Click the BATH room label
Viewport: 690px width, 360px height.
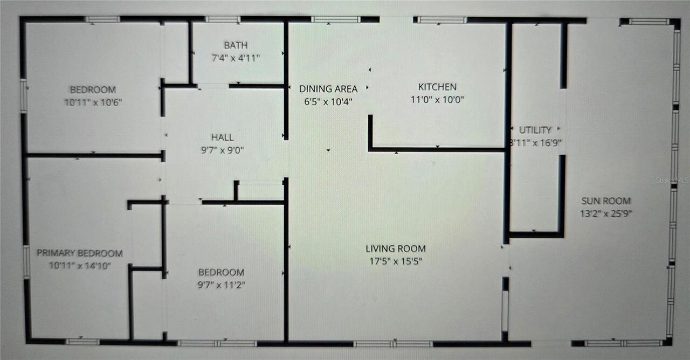tap(236, 45)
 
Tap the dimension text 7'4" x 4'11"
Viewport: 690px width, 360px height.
tap(236, 58)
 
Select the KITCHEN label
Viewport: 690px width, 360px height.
tap(437, 87)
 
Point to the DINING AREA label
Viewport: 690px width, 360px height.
tap(328, 89)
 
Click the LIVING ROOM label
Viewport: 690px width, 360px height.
tap(396, 249)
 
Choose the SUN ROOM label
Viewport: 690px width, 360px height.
tap(606, 201)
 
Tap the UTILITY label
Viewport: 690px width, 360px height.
tap(535, 130)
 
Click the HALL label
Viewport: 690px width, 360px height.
tap(223, 138)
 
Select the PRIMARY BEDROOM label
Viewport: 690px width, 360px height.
tap(80, 253)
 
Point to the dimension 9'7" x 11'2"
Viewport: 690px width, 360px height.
tap(221, 285)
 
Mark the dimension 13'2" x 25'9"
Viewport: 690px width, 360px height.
tap(606, 213)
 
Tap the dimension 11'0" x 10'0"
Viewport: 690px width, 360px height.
tap(437, 100)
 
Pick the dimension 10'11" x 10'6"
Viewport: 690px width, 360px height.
tap(92, 102)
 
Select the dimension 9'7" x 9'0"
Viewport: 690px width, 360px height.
tap(223, 151)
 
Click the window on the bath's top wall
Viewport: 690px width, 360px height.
tap(223, 19)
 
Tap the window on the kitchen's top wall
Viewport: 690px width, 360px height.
tap(441, 20)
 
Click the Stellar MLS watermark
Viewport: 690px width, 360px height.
tap(672, 181)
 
